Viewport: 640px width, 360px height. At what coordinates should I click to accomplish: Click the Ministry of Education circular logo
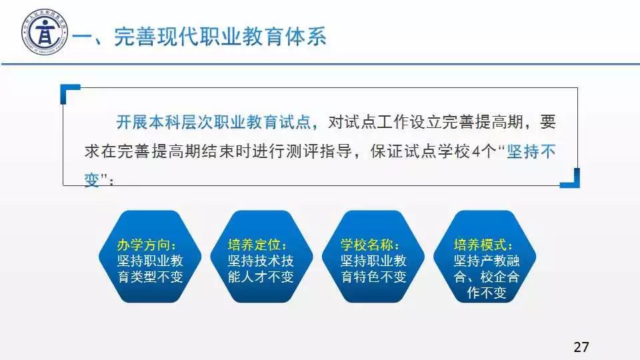(x=45, y=32)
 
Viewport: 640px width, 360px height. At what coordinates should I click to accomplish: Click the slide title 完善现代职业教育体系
(x=220, y=36)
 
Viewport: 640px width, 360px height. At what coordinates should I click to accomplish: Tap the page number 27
(x=581, y=347)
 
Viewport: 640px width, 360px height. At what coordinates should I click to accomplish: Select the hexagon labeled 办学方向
(x=150, y=256)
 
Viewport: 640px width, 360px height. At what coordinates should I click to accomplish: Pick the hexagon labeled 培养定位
(x=261, y=256)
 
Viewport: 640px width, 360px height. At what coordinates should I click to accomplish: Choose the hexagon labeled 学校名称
(x=373, y=256)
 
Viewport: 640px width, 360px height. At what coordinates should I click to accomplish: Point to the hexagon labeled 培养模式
(x=485, y=256)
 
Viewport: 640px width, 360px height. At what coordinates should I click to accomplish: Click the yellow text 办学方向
(x=143, y=245)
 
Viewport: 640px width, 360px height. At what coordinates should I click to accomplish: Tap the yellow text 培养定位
(x=254, y=245)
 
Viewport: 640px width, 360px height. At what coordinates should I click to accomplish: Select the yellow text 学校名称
(x=367, y=245)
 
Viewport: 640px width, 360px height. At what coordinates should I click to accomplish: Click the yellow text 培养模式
(x=480, y=245)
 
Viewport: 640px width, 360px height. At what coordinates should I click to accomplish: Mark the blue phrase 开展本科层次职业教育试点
(x=213, y=122)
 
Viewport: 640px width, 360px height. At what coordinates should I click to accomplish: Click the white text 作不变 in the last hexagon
(x=487, y=293)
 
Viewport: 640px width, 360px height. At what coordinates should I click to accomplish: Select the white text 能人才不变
(x=261, y=277)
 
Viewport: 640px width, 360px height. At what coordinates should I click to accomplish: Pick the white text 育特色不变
(x=373, y=277)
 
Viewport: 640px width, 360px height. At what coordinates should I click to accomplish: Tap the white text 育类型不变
(x=150, y=277)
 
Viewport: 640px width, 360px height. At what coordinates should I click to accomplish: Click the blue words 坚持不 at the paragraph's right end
(x=531, y=152)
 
